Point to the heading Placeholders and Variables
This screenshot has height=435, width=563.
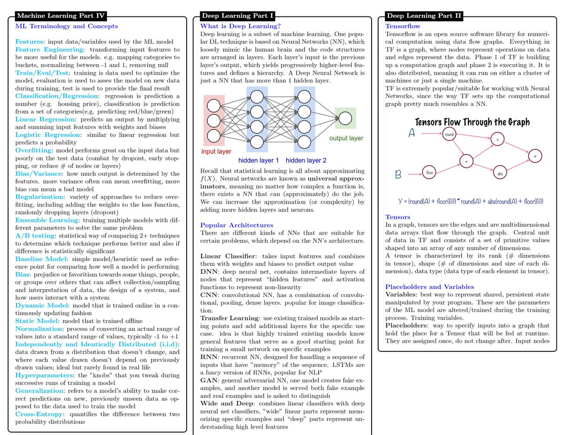(x=429, y=286)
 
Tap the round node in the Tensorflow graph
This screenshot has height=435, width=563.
(x=449, y=135)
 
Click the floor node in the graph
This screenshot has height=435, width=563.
(x=429, y=172)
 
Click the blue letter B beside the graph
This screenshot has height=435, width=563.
(x=397, y=175)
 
